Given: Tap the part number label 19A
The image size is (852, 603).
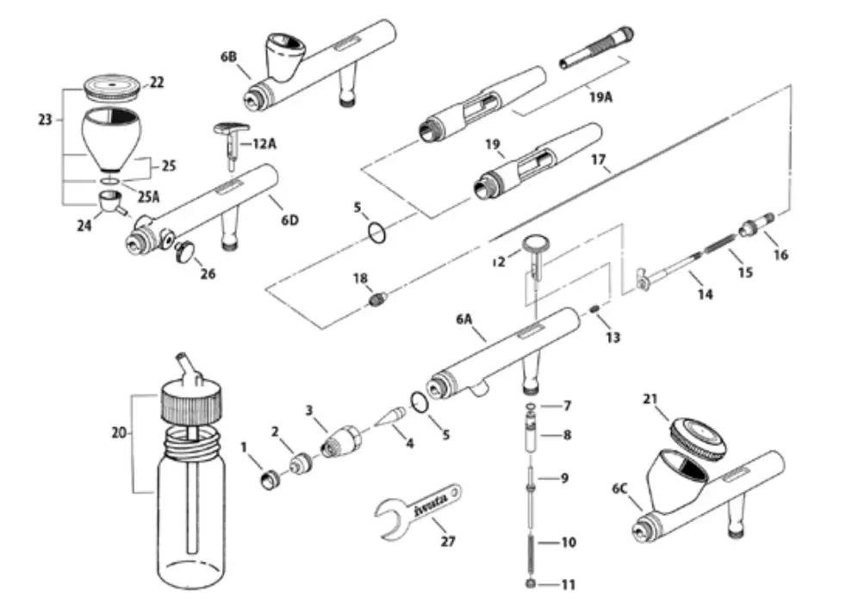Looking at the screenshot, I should (600, 98).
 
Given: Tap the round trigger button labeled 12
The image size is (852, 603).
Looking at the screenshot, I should (535, 247).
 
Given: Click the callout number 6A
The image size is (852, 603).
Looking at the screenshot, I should (466, 320).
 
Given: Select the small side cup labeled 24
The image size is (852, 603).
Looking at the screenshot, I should (109, 204).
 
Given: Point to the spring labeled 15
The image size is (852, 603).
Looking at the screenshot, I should (721, 249).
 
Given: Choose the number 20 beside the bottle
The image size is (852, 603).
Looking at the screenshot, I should (119, 434).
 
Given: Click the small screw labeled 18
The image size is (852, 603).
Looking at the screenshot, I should (376, 300).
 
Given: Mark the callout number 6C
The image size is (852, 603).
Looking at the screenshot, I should (619, 488).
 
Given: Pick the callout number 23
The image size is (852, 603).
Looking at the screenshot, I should (46, 120).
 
